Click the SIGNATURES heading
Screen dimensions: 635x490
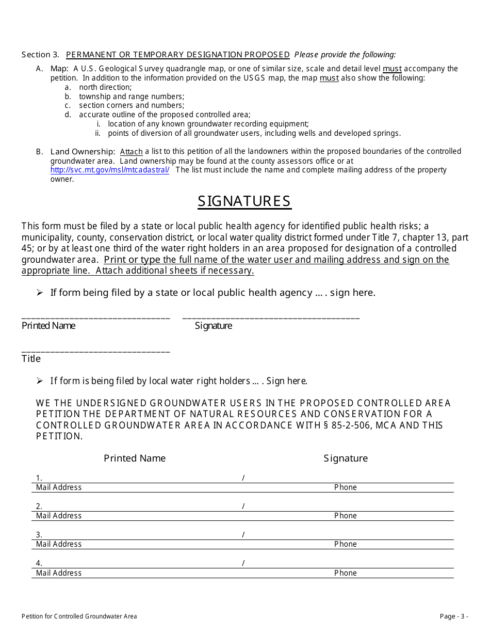click(244, 201)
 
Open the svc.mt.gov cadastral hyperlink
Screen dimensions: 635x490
click(109, 170)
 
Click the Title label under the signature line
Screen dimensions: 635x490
click(31, 358)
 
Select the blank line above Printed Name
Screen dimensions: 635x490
click(95, 317)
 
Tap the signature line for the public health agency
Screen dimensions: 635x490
click(271, 317)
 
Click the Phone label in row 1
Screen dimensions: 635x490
click(345, 487)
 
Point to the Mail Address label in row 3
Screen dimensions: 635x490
click(59, 544)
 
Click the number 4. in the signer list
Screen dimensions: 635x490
click(39, 563)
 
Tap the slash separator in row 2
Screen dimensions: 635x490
click(243, 506)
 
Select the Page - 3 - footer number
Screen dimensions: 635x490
click(454, 616)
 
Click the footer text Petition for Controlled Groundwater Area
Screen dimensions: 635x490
click(79, 616)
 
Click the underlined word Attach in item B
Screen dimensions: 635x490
click(131, 152)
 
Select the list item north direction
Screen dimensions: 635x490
click(105, 87)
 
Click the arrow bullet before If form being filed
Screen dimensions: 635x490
click(40, 293)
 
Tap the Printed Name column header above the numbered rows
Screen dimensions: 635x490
click(135, 458)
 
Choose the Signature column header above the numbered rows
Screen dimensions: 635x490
click(346, 458)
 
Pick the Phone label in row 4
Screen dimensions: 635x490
click(345, 573)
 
